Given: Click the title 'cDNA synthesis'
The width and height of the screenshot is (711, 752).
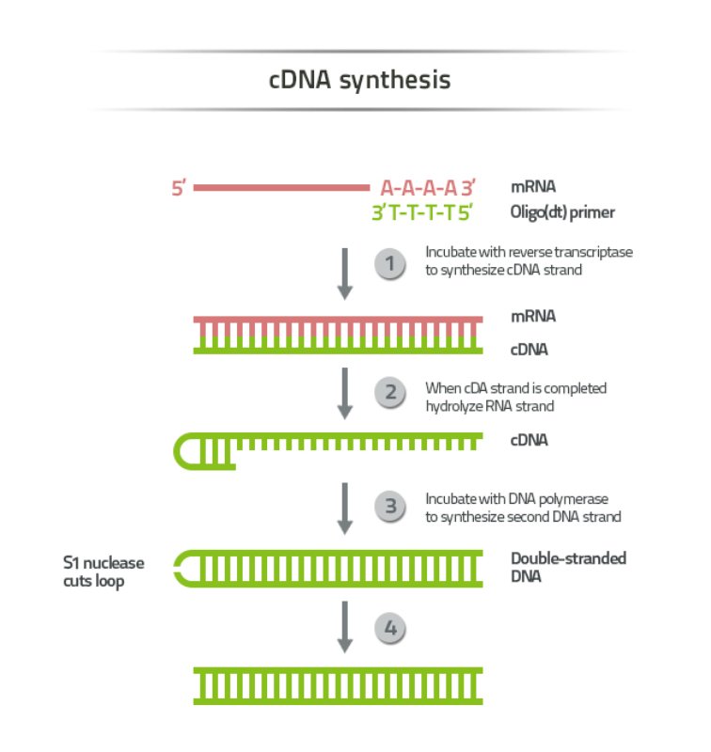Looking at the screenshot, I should point(359,80).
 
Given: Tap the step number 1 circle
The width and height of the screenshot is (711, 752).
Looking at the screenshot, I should point(390,264).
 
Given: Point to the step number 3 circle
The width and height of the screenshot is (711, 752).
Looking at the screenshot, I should point(390,507).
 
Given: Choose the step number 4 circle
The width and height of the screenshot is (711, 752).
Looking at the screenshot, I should point(390,629).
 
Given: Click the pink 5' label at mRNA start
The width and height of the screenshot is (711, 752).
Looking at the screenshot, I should point(180,188).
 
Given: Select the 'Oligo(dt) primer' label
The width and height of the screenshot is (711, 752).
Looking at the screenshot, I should point(562,212).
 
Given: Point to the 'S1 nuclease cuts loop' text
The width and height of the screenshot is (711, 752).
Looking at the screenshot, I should point(104,571).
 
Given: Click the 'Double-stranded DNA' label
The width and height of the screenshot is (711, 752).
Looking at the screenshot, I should point(568,566).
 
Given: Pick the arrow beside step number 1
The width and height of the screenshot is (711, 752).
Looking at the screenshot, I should point(344,274).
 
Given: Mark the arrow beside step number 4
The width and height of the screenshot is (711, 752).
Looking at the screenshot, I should point(344,627).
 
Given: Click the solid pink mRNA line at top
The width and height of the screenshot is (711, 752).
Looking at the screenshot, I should point(282,187).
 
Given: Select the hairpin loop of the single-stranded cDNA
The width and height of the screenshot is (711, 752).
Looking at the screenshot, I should point(186,452).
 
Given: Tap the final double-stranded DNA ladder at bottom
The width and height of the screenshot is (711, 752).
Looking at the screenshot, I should point(339,685).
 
